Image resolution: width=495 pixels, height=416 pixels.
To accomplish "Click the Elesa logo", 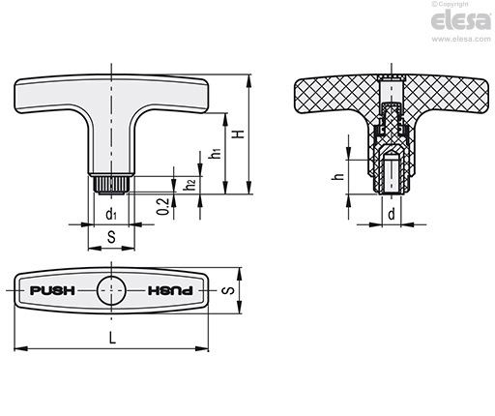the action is click(461, 21).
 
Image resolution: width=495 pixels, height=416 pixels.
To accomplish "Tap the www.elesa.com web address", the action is click(461, 39).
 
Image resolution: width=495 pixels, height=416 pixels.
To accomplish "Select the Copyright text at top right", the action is click(450, 4).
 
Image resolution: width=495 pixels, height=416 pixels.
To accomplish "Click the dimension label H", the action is click(239, 134).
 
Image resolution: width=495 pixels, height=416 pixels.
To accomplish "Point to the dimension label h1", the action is click(215, 152).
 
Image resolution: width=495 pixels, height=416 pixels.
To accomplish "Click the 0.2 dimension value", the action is click(163, 206).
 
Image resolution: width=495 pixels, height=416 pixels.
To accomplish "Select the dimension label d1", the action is click(111, 214).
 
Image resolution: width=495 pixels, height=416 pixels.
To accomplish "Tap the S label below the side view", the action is click(111, 237).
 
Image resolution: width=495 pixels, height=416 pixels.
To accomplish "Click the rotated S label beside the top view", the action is click(228, 290).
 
